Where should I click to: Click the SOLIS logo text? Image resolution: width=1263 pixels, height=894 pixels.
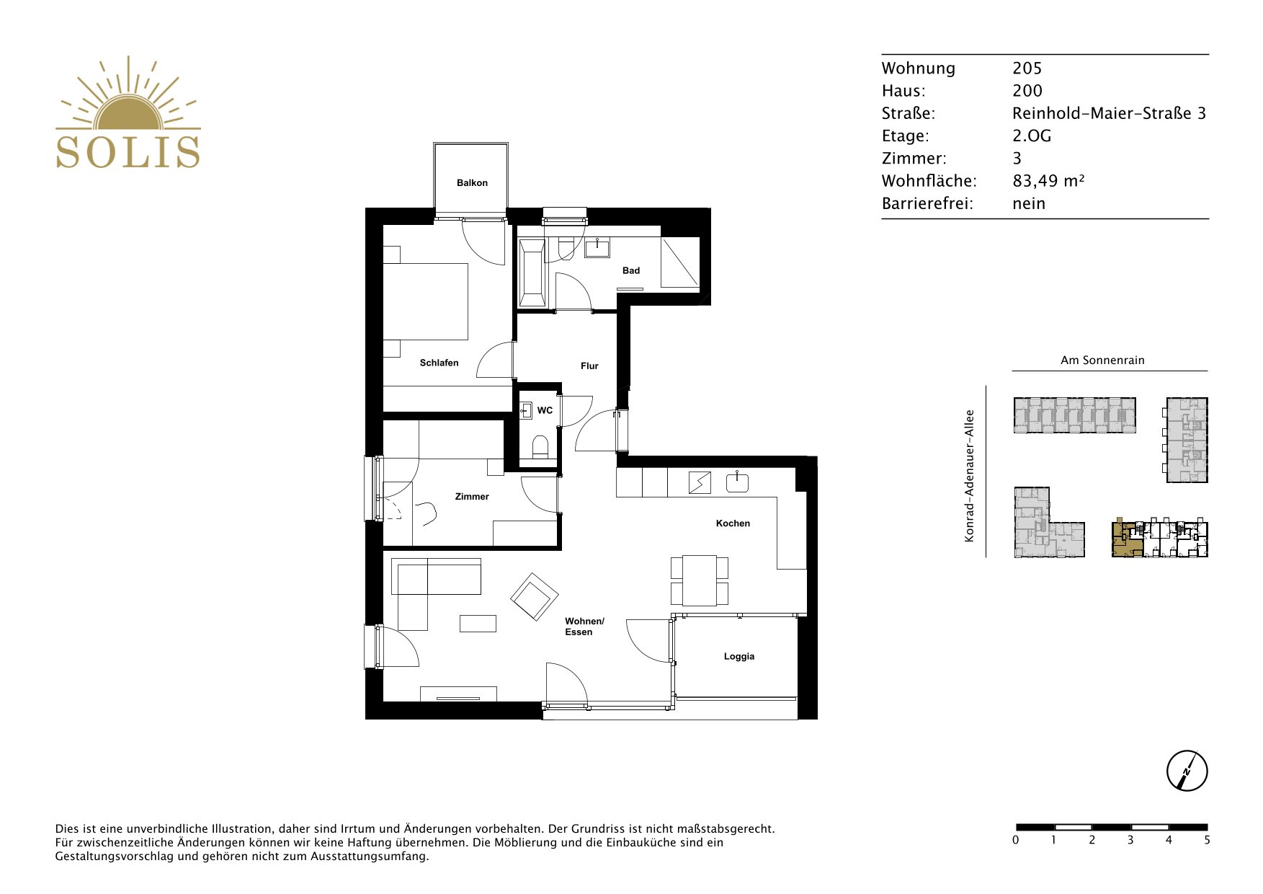[x=128, y=151]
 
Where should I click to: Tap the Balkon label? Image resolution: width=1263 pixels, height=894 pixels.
[x=472, y=183]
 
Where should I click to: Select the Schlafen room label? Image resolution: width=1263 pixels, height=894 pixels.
[x=439, y=363]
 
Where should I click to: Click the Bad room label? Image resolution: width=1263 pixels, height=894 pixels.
[x=631, y=270]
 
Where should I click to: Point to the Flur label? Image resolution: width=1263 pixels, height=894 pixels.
[x=589, y=366]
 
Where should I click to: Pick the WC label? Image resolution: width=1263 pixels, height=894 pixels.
[x=545, y=410]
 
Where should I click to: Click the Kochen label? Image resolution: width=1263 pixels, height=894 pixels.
[x=733, y=523]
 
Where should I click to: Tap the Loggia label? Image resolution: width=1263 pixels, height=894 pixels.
[x=739, y=656]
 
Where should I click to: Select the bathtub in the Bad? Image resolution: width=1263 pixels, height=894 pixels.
[x=532, y=273]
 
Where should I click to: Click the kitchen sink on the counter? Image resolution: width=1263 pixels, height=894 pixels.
[x=737, y=482]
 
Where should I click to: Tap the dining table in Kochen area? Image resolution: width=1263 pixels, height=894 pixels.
[x=700, y=580]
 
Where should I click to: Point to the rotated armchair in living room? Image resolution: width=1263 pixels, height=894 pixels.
[x=535, y=597]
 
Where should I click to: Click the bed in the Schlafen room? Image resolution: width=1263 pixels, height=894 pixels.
[x=425, y=301]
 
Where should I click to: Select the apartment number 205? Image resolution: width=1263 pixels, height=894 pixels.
[x=1027, y=68]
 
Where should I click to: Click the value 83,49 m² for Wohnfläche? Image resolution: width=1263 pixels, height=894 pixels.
[x=1048, y=181]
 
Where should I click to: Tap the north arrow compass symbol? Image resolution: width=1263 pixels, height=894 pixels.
[x=1187, y=771]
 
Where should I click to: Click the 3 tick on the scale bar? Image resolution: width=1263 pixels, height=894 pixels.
[x=1130, y=840]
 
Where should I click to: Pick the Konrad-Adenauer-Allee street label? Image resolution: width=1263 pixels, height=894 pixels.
[x=970, y=476]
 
